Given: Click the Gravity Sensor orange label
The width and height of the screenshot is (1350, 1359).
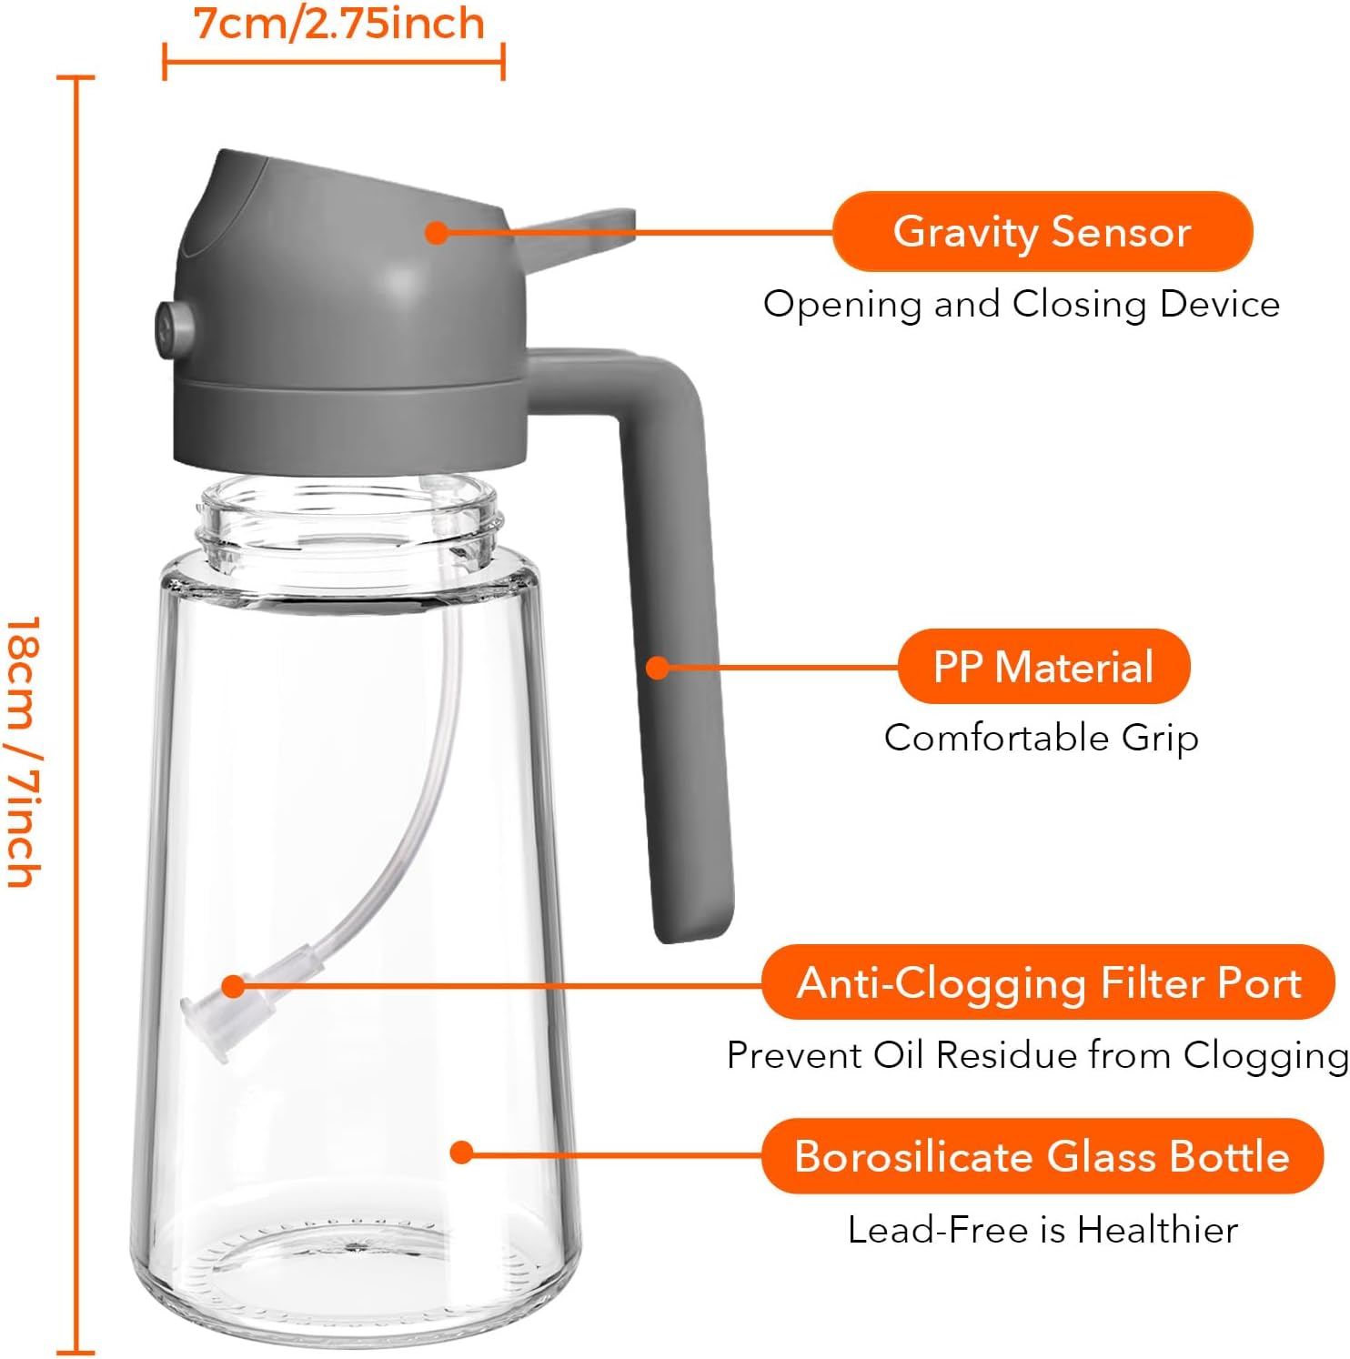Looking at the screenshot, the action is (x=1043, y=231).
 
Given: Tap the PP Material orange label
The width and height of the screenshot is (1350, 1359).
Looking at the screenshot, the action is (x=1043, y=667).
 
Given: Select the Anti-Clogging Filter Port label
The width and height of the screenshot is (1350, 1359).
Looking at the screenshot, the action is (x=1049, y=982).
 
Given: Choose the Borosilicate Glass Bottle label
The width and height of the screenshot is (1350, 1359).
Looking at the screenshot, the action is (x=1043, y=1156).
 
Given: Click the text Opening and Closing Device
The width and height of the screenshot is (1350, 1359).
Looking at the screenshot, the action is (x=1022, y=304).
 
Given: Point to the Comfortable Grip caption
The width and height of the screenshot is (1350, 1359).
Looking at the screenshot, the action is (x=1042, y=738).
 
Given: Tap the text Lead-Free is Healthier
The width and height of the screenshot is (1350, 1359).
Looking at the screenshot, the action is (x=1043, y=1230).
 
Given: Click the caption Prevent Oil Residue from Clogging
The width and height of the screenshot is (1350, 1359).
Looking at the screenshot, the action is (x=1038, y=1055).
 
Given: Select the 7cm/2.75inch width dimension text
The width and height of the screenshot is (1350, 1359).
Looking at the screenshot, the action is (x=339, y=24).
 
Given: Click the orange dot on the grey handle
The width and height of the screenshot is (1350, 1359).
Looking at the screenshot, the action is (x=658, y=668).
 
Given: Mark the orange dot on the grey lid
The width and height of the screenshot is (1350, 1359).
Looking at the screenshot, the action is (x=437, y=232).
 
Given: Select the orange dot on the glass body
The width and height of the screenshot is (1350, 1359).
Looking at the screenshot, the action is (x=462, y=1153).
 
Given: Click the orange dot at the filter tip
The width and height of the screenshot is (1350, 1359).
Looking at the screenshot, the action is (x=234, y=986).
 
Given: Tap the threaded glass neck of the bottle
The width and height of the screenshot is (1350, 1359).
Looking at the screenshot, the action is (x=349, y=523).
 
